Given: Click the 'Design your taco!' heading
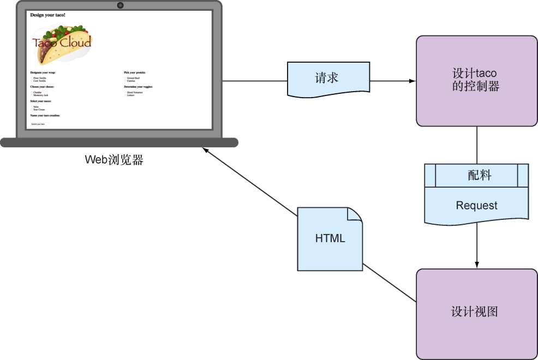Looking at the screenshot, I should tap(48, 15).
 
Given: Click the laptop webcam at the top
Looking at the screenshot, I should tap(120, 5).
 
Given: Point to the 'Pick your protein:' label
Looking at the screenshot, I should tap(135, 72).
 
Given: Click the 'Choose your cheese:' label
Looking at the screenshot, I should tap(42, 87).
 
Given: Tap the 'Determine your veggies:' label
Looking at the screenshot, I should tap(138, 87).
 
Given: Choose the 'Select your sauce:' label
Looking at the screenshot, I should tap(41, 101).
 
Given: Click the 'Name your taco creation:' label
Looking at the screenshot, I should tap(45, 116).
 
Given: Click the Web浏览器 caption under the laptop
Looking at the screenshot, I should tap(114, 160).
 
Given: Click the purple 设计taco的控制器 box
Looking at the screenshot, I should tap(476, 81).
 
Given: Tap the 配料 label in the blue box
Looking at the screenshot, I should tap(480, 175).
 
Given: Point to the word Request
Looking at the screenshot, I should tap(476, 206).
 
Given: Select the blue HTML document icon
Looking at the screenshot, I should tap(330, 239).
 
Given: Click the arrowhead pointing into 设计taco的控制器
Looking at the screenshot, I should tap(413, 81).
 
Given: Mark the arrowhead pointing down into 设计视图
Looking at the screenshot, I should tap(477, 265).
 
